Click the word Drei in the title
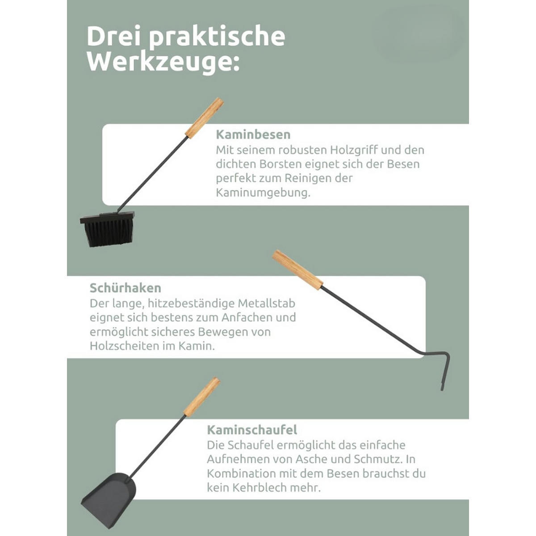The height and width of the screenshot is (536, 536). (114, 37)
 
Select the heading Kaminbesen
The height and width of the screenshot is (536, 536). (253, 134)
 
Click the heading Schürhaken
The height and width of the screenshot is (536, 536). (125, 288)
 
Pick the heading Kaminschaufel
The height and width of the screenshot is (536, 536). (251, 430)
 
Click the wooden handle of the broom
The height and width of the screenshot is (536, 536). (204, 118)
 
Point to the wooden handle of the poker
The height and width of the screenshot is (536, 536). (297, 270)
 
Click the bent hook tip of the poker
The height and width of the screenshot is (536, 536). (445, 371)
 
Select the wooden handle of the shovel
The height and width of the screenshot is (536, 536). (201, 397)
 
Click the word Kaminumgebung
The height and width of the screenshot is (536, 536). (262, 193)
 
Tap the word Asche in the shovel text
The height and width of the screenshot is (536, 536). (313, 459)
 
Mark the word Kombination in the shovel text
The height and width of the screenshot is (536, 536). (241, 473)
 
